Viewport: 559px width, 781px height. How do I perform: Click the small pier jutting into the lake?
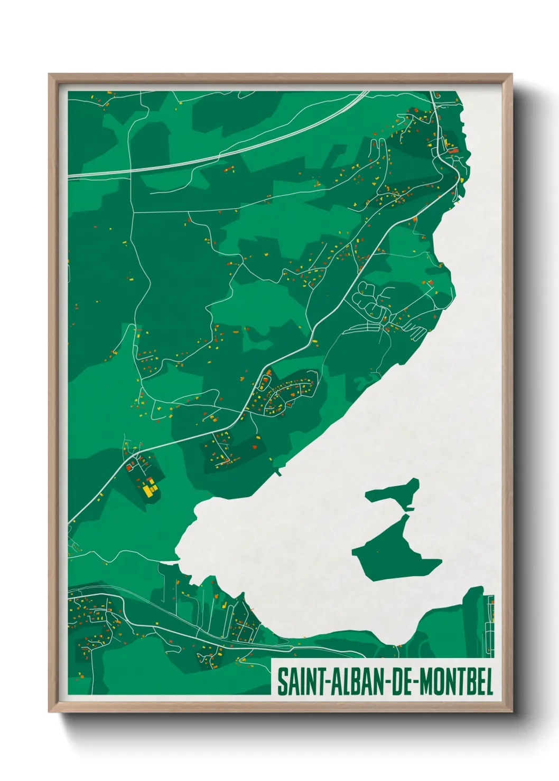pyautogui.click(x=278, y=472)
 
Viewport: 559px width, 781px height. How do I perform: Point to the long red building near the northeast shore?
pyautogui.click(x=453, y=151)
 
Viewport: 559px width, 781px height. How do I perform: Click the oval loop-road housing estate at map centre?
pyautogui.click(x=288, y=393)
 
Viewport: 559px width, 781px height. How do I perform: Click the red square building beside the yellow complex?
pyautogui.click(x=128, y=467)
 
